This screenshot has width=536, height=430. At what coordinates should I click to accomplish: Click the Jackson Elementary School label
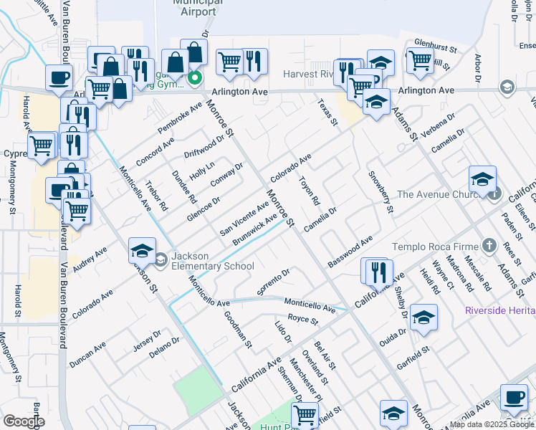coord(213,262)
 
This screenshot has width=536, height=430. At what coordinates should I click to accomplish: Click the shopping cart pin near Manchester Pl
coord(305,414)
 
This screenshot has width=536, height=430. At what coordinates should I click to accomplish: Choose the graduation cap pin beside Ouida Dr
coord(423,317)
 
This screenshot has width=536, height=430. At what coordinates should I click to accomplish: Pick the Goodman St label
coord(238,329)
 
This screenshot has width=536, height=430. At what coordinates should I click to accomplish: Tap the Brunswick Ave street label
coord(254,229)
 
